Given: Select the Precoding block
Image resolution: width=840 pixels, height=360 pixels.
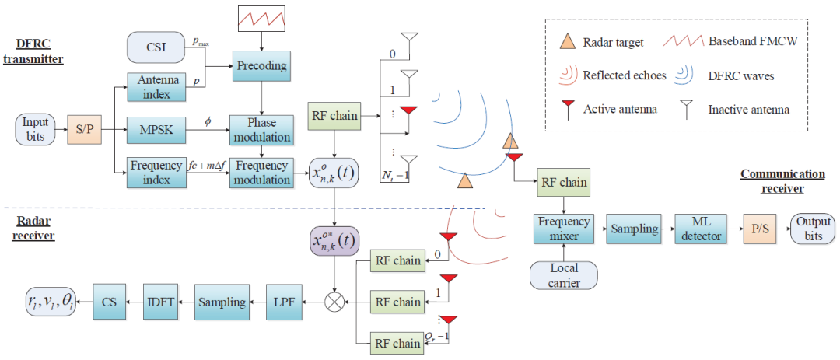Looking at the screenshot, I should (x=260, y=65).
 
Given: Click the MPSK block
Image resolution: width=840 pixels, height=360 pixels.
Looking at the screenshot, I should (x=157, y=128).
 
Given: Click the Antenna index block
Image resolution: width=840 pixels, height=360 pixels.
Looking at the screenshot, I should (x=157, y=87).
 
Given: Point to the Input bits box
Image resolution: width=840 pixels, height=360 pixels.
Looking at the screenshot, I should (x=35, y=128).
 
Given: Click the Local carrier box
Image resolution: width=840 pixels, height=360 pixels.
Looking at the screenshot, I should (x=564, y=276).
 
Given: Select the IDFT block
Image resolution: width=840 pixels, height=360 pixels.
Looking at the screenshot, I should (x=159, y=302).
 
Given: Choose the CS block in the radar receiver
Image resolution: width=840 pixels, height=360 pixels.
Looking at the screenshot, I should (x=109, y=302).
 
